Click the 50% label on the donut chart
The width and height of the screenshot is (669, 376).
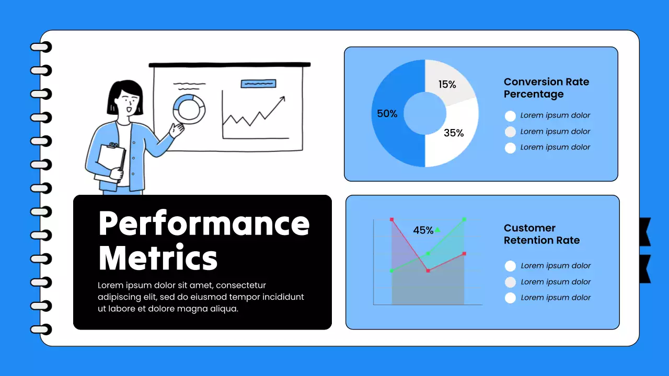(387, 113)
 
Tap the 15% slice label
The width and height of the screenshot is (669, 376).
(447, 84)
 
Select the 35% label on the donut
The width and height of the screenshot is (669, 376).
(454, 133)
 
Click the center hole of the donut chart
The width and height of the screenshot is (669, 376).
(425, 113)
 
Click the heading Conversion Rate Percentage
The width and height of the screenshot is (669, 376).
(546, 88)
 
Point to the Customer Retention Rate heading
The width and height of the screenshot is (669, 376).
(541, 234)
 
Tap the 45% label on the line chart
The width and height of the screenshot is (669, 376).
(423, 230)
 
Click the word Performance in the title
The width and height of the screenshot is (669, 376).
(204, 223)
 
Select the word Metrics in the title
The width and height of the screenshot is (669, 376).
(158, 257)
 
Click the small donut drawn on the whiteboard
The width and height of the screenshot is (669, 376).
(189, 109)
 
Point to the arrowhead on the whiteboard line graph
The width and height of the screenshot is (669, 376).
(283, 98)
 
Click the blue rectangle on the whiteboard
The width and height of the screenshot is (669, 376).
(258, 83)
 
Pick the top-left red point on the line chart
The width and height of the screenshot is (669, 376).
(391, 219)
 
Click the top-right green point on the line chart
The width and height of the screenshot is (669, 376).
(464, 219)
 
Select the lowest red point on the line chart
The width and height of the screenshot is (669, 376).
(428, 271)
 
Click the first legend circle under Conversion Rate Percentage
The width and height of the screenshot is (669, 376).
(511, 116)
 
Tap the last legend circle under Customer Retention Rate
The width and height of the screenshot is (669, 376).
(511, 298)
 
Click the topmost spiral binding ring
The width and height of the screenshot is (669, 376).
(41, 47)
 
